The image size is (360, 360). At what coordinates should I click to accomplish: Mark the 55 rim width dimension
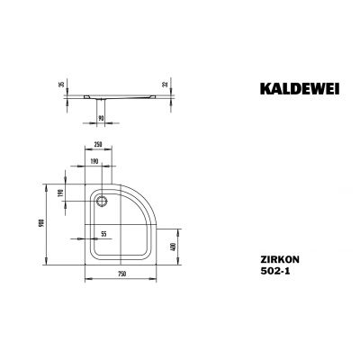tap(104, 233)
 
